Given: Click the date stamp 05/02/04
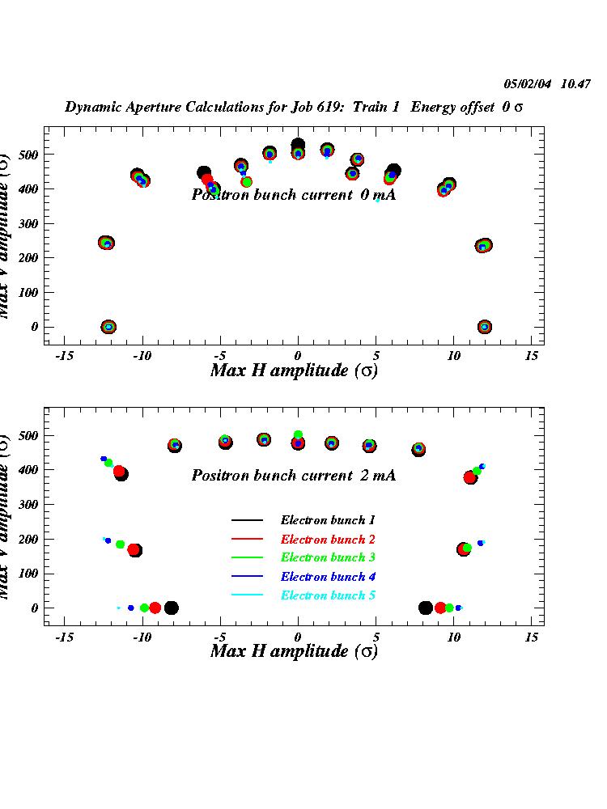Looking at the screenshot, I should pos(528,83).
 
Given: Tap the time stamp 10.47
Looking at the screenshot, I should pos(576,83).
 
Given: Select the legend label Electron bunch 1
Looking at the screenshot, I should pos(327,520).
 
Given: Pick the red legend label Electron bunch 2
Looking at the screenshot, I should pos(327,539).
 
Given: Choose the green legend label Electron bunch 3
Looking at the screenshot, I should pos(327,557).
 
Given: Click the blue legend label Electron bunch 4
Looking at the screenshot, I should pos(327,577).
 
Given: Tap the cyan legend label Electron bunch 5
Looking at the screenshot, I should pos(327,595).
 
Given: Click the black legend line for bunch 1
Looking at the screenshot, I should pos(248,520).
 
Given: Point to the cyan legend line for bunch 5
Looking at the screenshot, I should pos(248,595).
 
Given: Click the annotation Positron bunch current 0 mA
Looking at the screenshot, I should pos(293,195).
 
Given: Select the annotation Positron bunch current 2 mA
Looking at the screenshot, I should pos(293,476).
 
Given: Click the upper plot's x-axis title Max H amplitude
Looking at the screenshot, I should pos(293,371).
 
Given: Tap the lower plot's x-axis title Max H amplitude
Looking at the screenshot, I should pos(293,651).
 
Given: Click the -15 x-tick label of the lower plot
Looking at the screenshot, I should pos(64,637).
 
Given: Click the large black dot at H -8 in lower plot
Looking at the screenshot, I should pos(171,608).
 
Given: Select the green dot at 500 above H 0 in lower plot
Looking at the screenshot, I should pos(298,435).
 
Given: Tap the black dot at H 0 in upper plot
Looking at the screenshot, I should pos(298,146).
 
